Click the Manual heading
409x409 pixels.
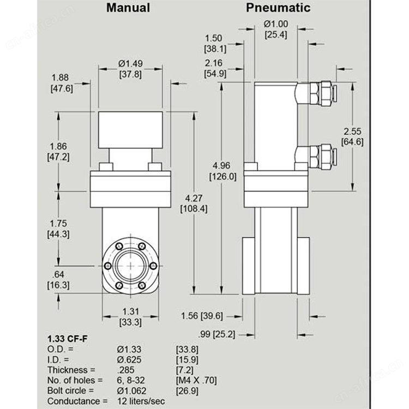[128, 8]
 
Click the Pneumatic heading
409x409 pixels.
[278, 8]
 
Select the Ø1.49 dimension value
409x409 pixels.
[130, 64]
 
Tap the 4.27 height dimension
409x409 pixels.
[194, 199]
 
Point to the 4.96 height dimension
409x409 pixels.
[221, 166]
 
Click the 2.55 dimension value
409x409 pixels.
[352, 131]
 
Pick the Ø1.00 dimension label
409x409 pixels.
[276, 24]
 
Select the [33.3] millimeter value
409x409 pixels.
[130, 322]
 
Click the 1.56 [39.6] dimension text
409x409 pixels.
[202, 316]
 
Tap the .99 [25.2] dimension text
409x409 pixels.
[216, 334]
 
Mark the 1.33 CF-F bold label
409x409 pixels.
[68, 339]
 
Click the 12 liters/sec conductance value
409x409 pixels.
[141, 401]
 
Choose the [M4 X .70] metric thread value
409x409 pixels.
[196, 381]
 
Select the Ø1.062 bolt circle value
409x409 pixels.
[131, 391]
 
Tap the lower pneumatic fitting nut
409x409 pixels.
[322, 157]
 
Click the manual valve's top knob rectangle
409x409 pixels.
[130, 130]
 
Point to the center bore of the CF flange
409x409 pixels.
[130, 266]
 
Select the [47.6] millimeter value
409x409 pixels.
[62, 89]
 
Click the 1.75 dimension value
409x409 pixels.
[58, 224]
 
